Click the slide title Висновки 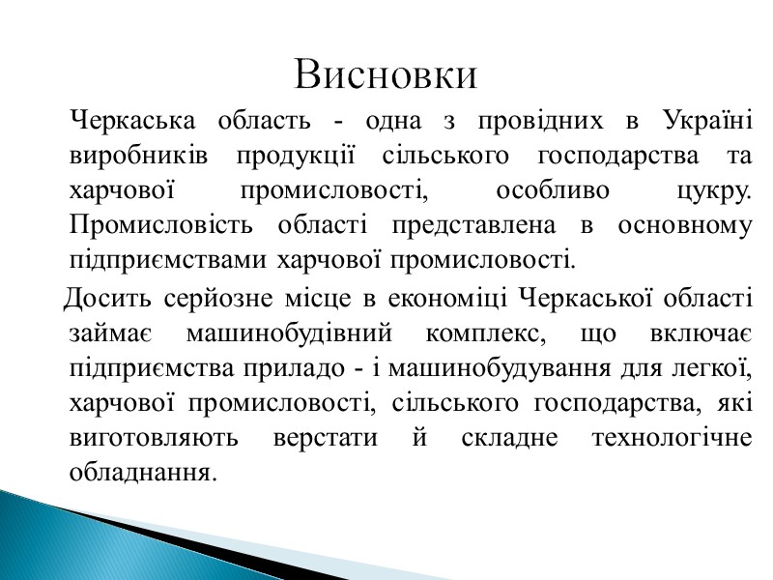[x=386, y=74]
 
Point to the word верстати [x=329, y=437]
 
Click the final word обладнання [x=139, y=472]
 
